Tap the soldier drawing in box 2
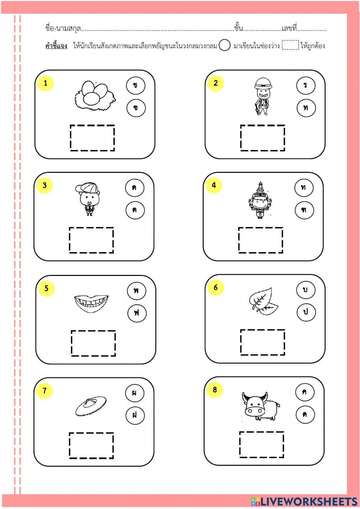pyautogui.click(x=263, y=97)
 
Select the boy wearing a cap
pyautogui.click(x=88, y=199)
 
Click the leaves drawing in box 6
pyautogui.click(x=264, y=301)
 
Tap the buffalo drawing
pyautogui.click(x=261, y=406)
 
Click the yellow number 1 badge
pyautogui.click(x=45, y=83)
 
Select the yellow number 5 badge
pyautogui.click(x=46, y=289)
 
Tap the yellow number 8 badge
pyautogui.click(x=215, y=390)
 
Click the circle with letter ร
pyautogui.click(x=306, y=85)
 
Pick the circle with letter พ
pyautogui.click(x=136, y=291)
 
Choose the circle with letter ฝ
pyautogui.click(x=135, y=415)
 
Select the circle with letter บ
pyautogui.click(x=306, y=290)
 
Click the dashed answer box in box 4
pyautogui.click(x=261, y=240)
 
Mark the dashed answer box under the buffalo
pyautogui.click(x=261, y=445)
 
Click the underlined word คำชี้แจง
pyautogui.click(x=56, y=46)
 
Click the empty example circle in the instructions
pyautogui.click(x=224, y=45)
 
